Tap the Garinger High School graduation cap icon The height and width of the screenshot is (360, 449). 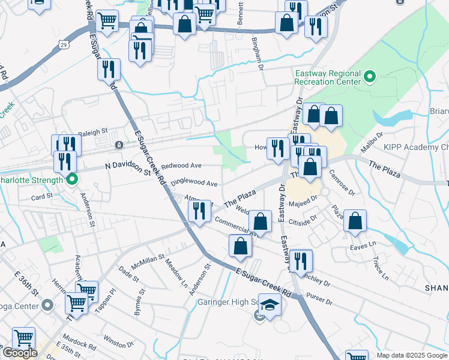pos(270,305)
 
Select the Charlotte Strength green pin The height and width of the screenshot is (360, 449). pos(72,179)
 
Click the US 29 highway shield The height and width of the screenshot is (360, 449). pos(64,43)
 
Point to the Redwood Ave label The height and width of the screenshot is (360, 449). pos(181,165)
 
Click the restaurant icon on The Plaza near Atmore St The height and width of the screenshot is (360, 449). pos(199,211)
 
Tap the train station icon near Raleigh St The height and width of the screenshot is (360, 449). pos(119,145)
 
